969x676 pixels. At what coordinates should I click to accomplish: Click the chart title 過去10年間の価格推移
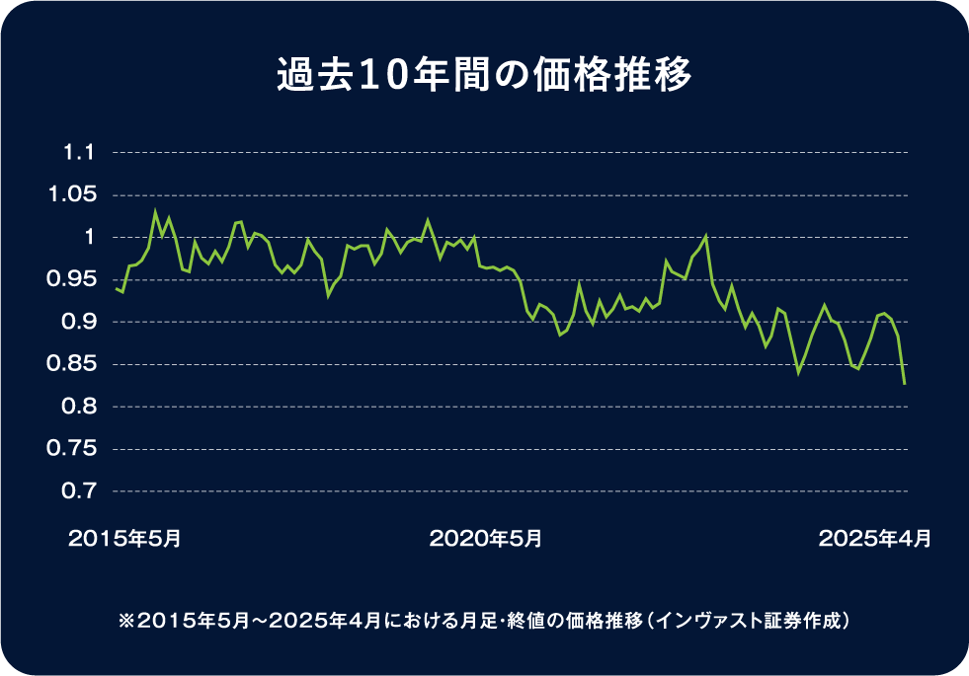tap(484, 76)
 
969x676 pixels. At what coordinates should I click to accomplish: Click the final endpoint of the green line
tap(905, 384)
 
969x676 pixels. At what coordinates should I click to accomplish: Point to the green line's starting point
tap(116, 288)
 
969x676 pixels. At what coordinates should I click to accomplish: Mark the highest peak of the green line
tap(155, 210)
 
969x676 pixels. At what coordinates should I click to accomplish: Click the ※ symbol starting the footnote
tap(125, 622)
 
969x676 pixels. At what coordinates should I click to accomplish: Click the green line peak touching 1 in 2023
tap(706, 236)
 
